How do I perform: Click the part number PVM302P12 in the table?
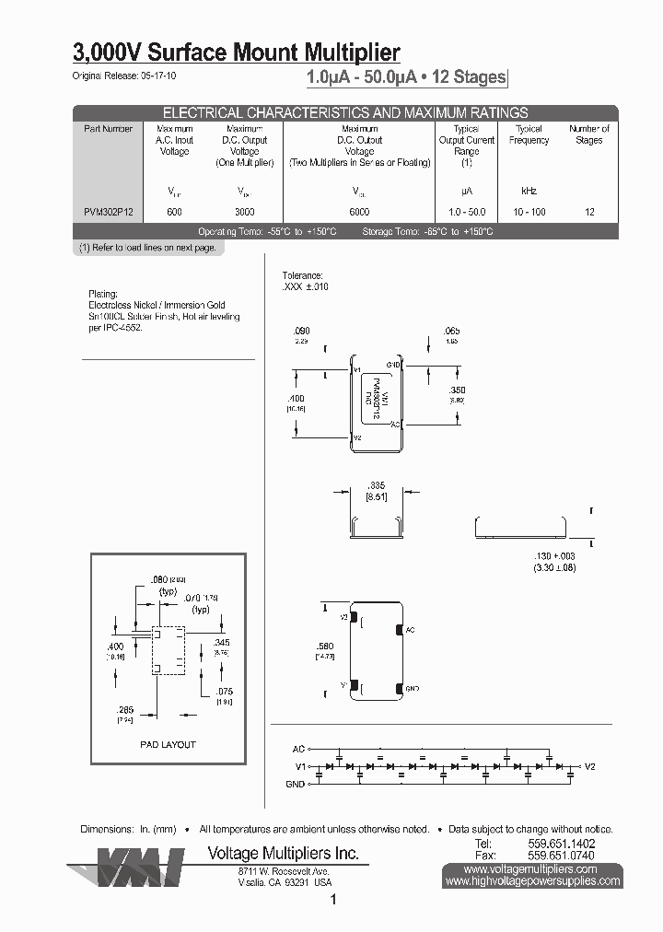coord(108,212)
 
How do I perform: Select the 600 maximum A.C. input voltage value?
coord(174,212)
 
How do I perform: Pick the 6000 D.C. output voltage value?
coord(359,212)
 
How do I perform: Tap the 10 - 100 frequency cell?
coord(529,212)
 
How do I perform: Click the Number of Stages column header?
coord(589,134)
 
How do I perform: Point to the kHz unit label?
coord(529,191)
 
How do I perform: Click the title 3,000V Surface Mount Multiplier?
coord(236,52)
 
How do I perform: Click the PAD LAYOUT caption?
coord(168,744)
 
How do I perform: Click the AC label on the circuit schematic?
coord(298,749)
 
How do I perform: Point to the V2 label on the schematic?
coord(590,766)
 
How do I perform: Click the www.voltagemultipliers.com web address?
coord(531,868)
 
